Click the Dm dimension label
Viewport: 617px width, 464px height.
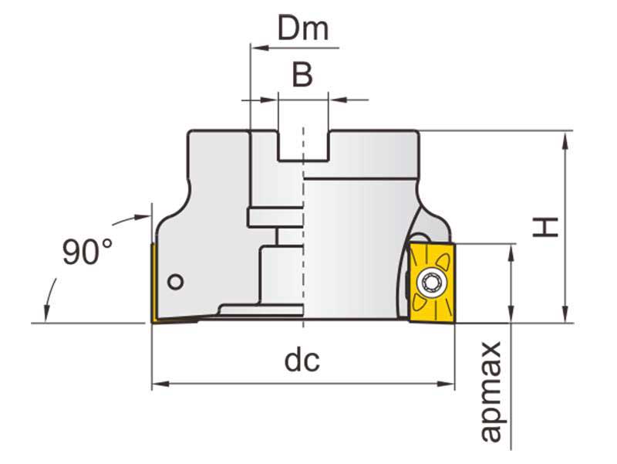[303, 29]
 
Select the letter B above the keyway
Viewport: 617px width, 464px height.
[302, 75]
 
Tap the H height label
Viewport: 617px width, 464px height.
[547, 226]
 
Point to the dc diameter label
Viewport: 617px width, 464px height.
[302, 360]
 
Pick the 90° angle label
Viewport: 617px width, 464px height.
[87, 252]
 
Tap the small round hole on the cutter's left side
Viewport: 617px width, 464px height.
[176, 282]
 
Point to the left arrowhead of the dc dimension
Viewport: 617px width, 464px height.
[157, 384]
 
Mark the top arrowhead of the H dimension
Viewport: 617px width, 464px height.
[566, 137]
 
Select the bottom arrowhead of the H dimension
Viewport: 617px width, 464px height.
[566, 317]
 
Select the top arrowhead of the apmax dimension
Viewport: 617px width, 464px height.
[511, 250]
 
